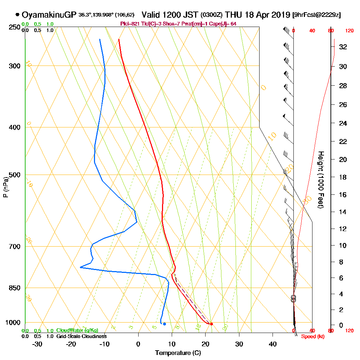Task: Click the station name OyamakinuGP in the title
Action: (49, 15)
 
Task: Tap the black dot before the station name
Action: (17, 15)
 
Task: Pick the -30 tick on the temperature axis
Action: (37, 344)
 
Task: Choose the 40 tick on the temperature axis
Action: (273, 344)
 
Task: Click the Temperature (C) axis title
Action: (178, 353)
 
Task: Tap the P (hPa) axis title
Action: (5, 187)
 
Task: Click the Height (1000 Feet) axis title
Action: (320, 179)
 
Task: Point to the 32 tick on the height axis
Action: (343, 46)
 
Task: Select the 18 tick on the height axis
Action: (343, 177)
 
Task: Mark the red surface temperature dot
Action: (211, 324)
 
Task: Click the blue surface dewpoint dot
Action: (164, 324)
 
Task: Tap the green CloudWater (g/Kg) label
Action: (77, 330)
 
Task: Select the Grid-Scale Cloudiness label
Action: (81, 336)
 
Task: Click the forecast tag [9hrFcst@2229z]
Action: (317, 15)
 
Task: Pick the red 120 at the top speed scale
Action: (349, 31)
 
